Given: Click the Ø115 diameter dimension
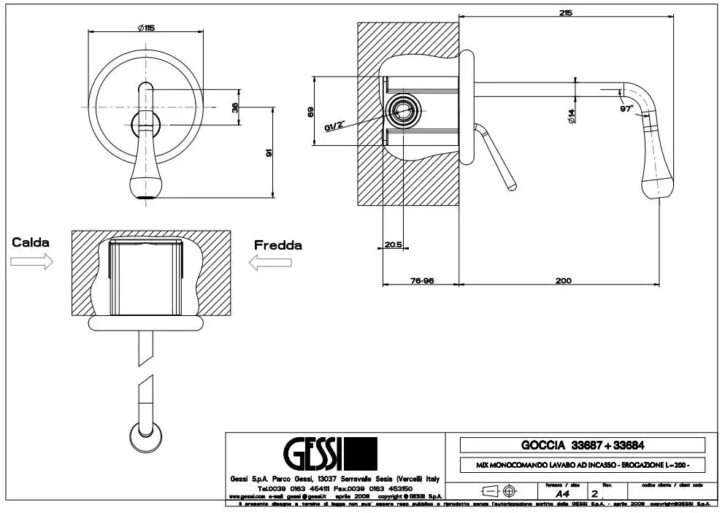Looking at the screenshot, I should point(145,27).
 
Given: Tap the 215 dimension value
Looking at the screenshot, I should point(566,12).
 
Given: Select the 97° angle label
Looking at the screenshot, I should point(626,109).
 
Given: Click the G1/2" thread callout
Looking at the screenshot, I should point(334,126).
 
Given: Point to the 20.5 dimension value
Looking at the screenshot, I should point(394,244).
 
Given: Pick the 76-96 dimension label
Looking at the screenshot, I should point(422,280).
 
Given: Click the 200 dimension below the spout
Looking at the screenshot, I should point(563,280).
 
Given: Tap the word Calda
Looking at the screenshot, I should point(31,242).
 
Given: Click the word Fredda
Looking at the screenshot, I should point(277,245).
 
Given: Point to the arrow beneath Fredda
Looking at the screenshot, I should point(264,263).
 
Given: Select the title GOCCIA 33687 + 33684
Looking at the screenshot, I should point(582,444).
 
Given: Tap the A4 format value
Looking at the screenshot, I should point(562,493).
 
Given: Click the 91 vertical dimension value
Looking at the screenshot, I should point(269,153).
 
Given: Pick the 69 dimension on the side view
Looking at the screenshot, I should point(310,112).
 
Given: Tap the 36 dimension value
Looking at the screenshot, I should point(234,107).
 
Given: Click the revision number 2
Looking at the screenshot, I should point(594,493).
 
